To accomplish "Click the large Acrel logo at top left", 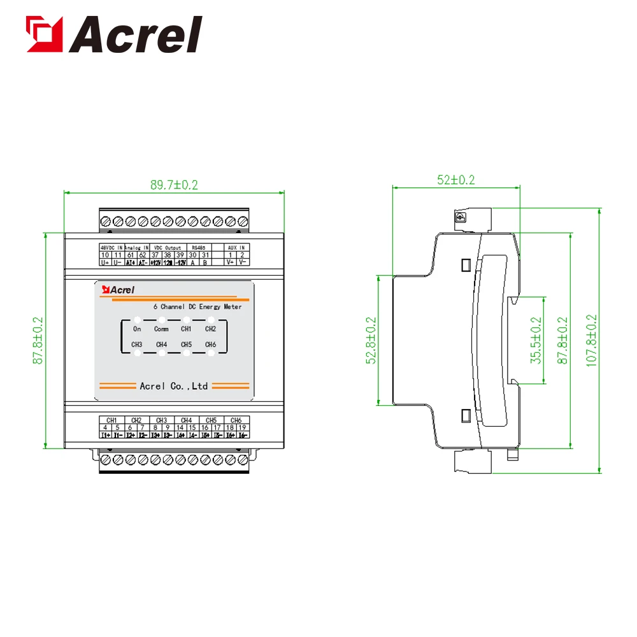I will click(x=113, y=35).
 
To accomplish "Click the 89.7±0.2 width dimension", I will click(x=174, y=185).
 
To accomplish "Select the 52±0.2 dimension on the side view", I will click(x=456, y=180).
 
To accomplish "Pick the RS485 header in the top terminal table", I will click(x=199, y=247).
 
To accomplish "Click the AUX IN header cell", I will click(x=236, y=247).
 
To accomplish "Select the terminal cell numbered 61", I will click(x=131, y=255).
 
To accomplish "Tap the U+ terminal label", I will click(x=106, y=262).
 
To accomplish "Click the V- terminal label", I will click(x=242, y=262).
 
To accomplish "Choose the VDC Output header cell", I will click(x=168, y=247).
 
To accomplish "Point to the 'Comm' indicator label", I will click(x=161, y=329).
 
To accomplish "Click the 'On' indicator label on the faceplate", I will click(x=137, y=329).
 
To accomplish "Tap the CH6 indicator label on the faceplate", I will click(x=210, y=345).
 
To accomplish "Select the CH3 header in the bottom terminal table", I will click(x=161, y=420).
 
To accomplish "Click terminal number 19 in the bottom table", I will click(x=242, y=427).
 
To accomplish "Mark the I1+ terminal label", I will click(x=106, y=435).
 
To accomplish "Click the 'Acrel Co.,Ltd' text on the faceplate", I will click(x=173, y=386).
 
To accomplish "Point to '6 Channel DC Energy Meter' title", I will click(x=197, y=307).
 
